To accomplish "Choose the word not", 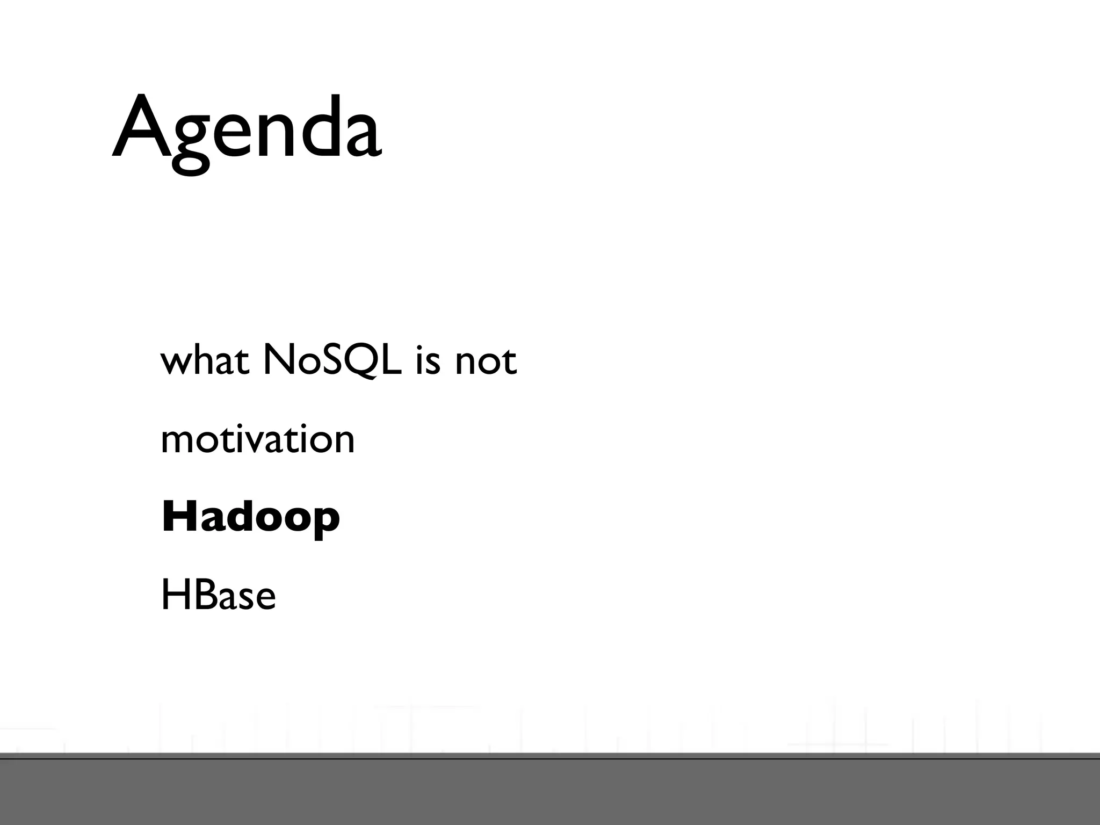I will point(486,361).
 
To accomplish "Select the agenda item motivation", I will point(258,439).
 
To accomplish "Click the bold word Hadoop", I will point(250,517).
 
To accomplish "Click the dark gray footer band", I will point(550,792).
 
